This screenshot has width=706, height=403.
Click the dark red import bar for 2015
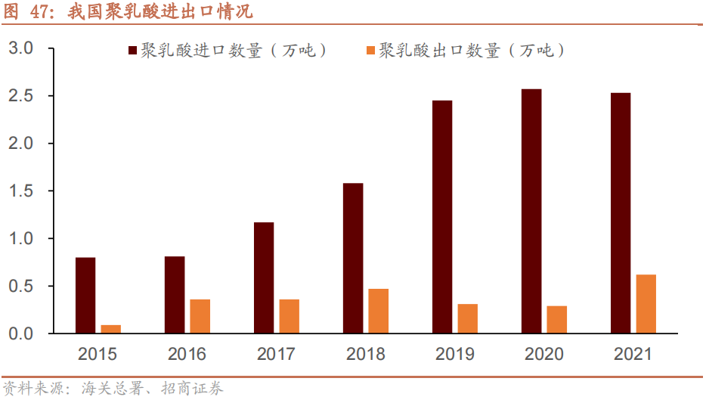tap(85, 295)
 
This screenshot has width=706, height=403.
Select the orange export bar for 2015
tap(111, 329)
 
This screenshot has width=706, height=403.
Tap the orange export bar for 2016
tap(200, 316)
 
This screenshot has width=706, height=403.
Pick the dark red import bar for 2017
tap(264, 277)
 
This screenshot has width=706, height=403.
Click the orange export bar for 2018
tap(379, 311)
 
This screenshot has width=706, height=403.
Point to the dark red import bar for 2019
tap(442, 216)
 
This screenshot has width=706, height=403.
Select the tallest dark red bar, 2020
tap(531, 211)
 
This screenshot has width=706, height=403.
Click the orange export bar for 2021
tap(646, 303)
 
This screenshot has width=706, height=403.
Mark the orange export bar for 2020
tap(557, 319)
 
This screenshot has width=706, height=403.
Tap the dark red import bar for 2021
tap(621, 212)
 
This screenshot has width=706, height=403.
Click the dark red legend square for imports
tap(133, 51)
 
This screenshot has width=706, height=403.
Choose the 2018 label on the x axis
tap(366, 354)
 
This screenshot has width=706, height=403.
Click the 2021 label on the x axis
tap(633, 354)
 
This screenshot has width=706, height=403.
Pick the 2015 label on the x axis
tap(98, 354)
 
